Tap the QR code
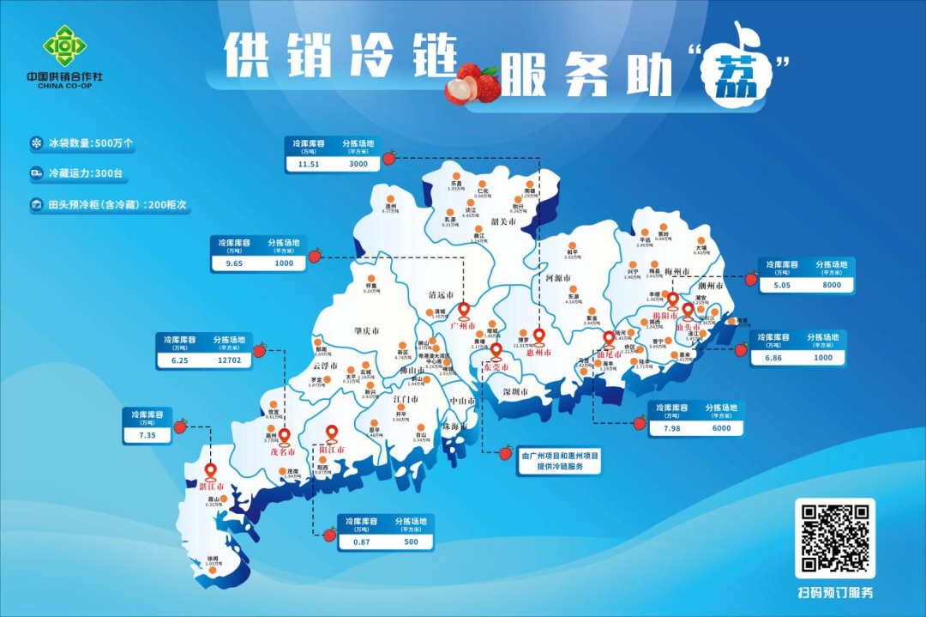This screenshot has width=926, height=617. click(x=835, y=538)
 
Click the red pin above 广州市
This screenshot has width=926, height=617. click(x=464, y=310)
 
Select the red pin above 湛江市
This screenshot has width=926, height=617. click(x=210, y=471)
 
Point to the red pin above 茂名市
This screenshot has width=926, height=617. click(x=285, y=436)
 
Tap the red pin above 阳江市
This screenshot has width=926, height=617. click(x=332, y=434)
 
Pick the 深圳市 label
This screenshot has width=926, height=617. click(x=518, y=391)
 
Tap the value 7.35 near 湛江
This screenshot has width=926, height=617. click(x=148, y=435)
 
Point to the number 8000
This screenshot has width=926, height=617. click(x=831, y=285)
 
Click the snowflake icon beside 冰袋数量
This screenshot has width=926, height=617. click(x=37, y=142)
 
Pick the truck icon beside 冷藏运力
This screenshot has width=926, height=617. click(x=37, y=173)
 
